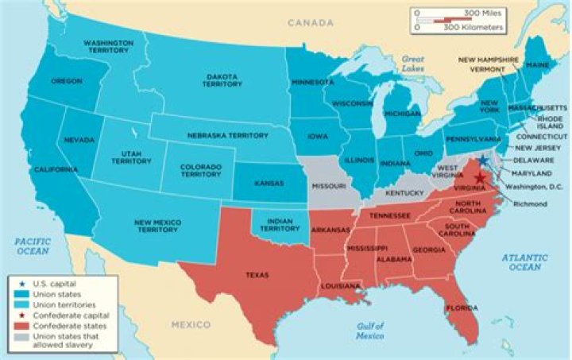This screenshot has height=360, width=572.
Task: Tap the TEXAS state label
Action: pos(257,275)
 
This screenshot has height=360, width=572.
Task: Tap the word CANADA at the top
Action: pos(310,24)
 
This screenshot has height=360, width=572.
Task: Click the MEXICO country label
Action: pos(191,324)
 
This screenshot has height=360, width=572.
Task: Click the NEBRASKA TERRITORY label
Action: pos(227,136)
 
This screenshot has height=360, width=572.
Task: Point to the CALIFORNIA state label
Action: pos(55,170)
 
